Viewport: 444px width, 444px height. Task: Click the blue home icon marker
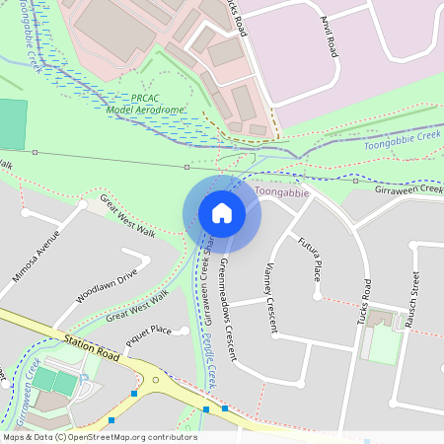[x=222, y=213]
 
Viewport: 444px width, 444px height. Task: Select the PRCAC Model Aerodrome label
[x=143, y=104]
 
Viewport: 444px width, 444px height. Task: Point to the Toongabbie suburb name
[x=282, y=192]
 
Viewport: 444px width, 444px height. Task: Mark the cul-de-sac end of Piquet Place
[x=185, y=332]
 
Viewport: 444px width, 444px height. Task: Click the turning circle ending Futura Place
[x=316, y=295]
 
